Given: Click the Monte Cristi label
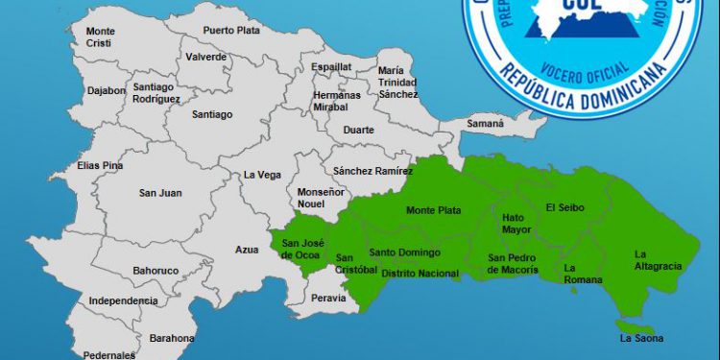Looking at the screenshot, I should [x=100, y=37].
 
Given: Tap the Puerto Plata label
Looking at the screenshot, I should [x=230, y=30].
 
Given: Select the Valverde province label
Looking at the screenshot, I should [x=206, y=57].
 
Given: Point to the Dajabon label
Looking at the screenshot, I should [x=106, y=91].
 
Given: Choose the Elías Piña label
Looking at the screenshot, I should [x=100, y=165].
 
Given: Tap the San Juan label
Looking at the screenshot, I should [x=160, y=193].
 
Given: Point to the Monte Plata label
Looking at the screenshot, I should [x=433, y=210].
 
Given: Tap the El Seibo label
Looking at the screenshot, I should [x=564, y=207].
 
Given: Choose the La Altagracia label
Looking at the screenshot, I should [x=658, y=259].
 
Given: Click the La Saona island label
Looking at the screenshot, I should [x=641, y=338].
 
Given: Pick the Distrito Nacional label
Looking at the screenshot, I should [x=420, y=274].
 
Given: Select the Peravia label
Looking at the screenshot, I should [x=328, y=299].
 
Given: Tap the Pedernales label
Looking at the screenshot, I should [x=108, y=354].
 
